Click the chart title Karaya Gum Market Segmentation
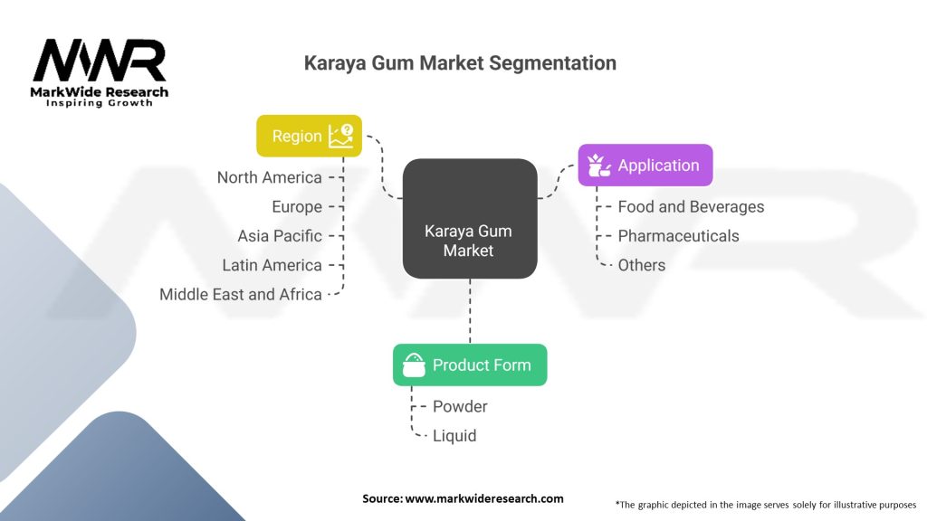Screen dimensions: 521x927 point(460,63)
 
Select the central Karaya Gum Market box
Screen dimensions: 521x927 point(469,241)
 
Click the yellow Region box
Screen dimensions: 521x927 point(309,136)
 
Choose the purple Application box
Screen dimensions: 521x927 point(645,166)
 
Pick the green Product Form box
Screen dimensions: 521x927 point(469,365)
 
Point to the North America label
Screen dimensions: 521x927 point(269,177)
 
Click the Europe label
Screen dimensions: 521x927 point(296,207)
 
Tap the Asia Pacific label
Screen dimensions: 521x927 point(279,236)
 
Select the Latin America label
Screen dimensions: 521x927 point(272,265)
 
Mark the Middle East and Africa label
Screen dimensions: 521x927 point(240,294)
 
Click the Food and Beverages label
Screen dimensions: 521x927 point(691,207)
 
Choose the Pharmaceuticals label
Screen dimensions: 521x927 point(678,236)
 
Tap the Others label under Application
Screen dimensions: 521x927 point(641,265)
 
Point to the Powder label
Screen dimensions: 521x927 point(460,407)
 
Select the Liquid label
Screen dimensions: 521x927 point(454,436)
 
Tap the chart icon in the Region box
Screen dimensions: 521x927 point(341,136)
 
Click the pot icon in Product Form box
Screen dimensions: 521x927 point(414,365)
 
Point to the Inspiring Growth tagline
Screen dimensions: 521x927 point(100,103)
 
